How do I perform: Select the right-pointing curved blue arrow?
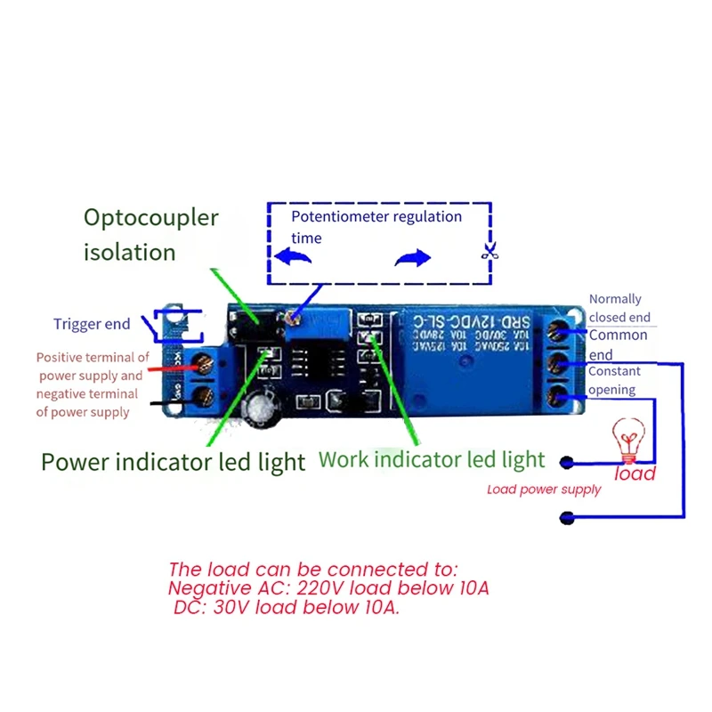tap(412, 258)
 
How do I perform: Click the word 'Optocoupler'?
tap(150, 217)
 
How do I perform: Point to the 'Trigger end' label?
tap(91, 324)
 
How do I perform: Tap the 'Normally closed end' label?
tap(619, 308)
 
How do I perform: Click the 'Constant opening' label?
tap(612, 380)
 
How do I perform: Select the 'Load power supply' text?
tap(544, 489)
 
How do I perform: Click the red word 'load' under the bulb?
tap(635, 473)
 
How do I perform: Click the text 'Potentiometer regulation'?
tap(376, 217)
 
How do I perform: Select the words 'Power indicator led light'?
tap(173, 462)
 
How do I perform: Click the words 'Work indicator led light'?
tap(432, 459)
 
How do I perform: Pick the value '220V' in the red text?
tap(326, 588)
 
